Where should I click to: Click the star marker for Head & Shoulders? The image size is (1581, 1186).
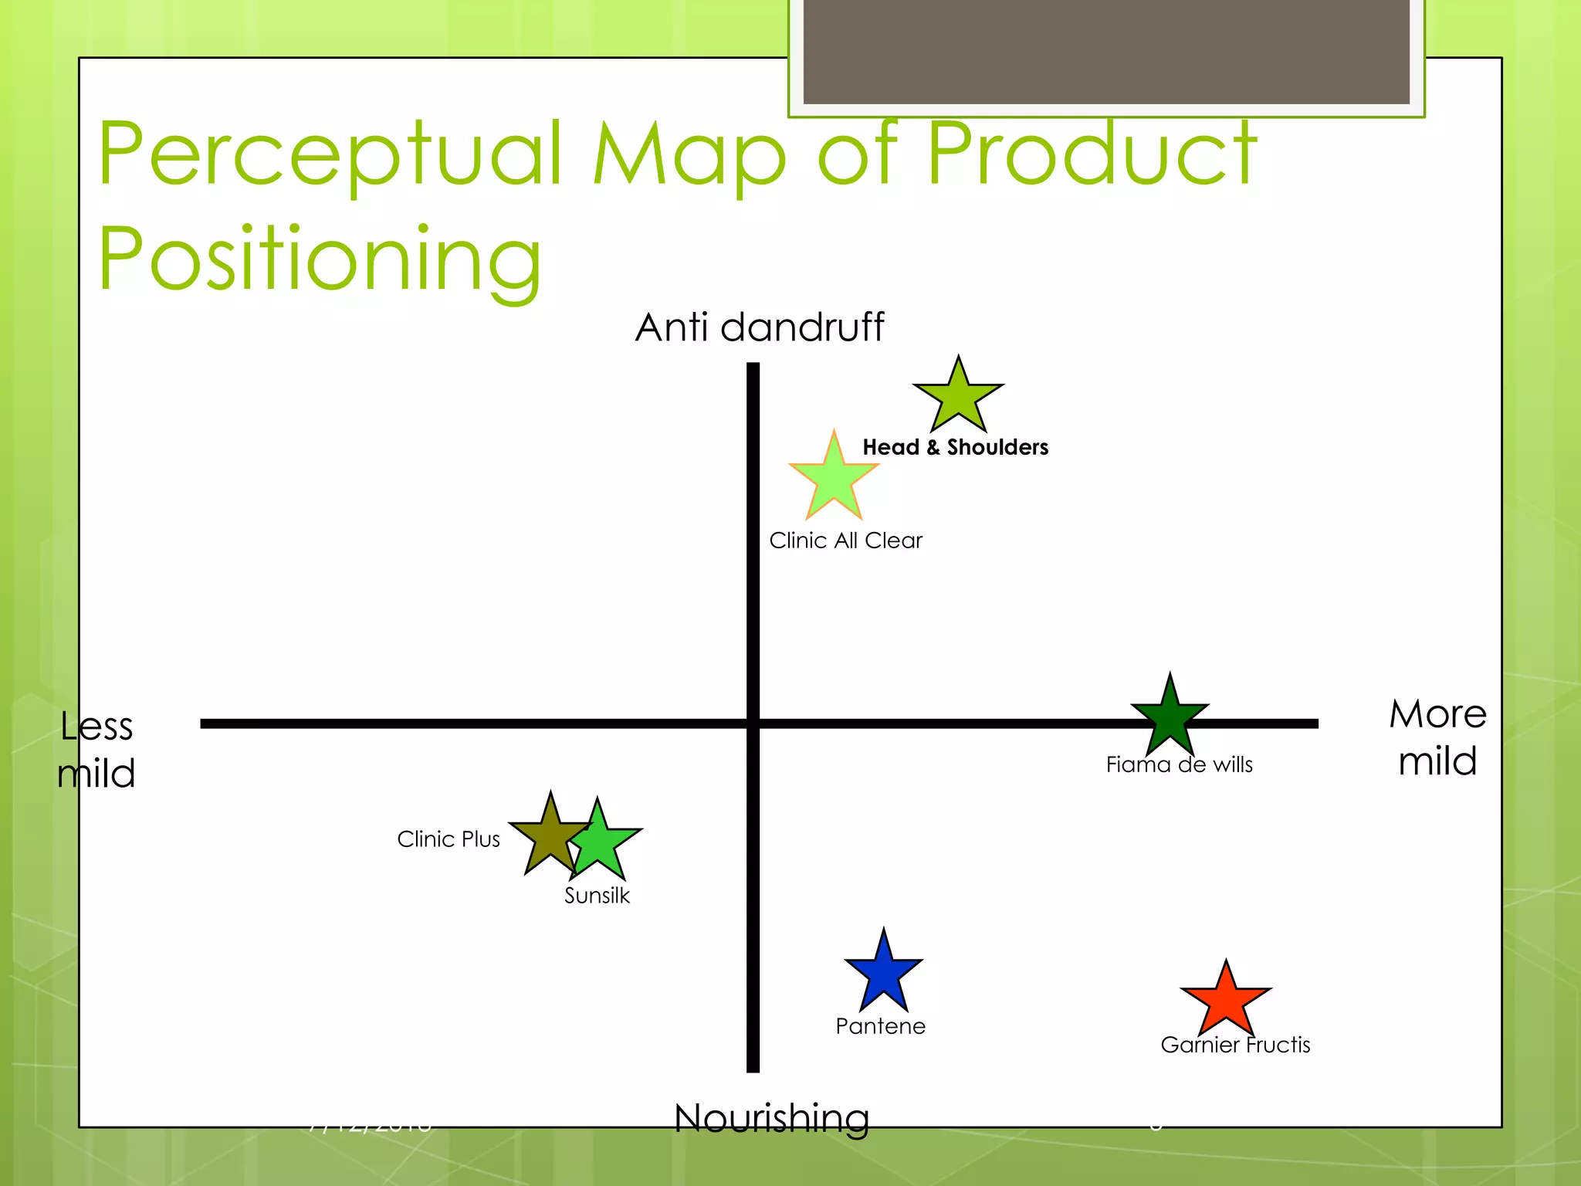tap(958, 398)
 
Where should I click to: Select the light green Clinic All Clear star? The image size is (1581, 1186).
tap(834, 478)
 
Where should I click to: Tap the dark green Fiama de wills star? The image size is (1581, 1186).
tap(1170, 717)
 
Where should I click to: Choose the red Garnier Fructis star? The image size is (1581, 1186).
tap(1226, 1001)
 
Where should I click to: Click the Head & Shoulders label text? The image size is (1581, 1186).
tap(955, 447)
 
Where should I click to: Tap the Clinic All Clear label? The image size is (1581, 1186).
tap(845, 540)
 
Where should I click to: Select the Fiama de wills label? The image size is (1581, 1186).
tap(1179, 764)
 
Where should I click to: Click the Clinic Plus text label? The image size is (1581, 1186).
tap(449, 839)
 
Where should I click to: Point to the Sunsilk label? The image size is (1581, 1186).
tap(597, 896)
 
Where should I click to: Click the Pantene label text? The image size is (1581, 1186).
tap(880, 1026)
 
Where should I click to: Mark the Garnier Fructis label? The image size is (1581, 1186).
tap(1235, 1045)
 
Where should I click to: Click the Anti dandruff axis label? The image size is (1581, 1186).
tap(760, 327)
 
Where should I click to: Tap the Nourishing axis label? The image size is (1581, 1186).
tap(771, 1117)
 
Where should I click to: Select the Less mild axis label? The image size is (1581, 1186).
tap(96, 750)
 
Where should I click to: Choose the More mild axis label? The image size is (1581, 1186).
tap(1437, 737)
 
